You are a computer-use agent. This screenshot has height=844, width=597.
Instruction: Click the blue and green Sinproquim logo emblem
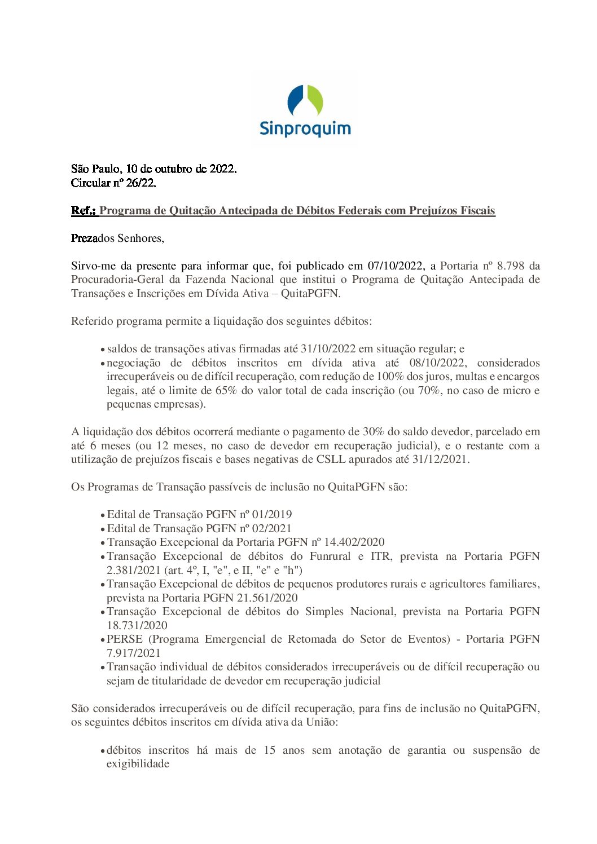[305, 101]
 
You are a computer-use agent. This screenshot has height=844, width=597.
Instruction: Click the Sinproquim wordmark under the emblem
[305, 129]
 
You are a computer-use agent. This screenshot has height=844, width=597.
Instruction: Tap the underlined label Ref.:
[84, 210]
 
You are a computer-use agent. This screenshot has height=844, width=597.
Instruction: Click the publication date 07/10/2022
[395, 266]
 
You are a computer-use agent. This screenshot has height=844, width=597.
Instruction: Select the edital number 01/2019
[272, 515]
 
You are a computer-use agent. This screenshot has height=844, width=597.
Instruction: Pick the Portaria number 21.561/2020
[267, 598]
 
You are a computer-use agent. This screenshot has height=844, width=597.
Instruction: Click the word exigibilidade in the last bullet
[138, 764]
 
